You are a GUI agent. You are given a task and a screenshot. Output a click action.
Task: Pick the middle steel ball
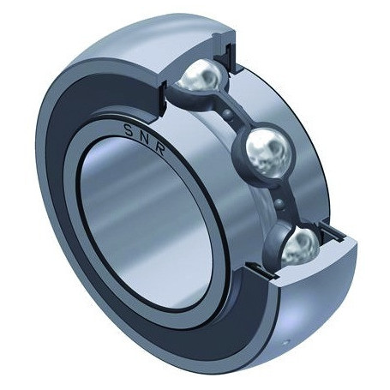(267, 153)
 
